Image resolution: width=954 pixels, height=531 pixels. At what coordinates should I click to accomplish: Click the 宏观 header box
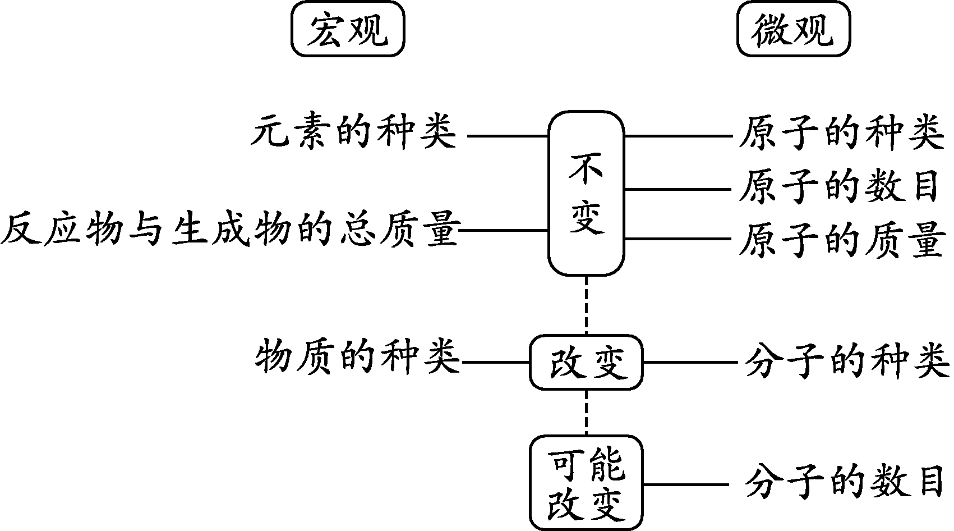point(348,29)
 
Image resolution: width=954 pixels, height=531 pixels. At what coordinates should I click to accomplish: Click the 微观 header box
point(793,29)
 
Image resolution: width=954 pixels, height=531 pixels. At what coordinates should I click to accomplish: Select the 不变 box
point(586,193)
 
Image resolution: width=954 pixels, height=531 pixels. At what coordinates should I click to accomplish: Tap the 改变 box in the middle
point(586,363)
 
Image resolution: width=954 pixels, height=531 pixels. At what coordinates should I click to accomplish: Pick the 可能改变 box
point(586,483)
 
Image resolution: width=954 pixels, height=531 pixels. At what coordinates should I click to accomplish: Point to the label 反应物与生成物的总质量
point(230,231)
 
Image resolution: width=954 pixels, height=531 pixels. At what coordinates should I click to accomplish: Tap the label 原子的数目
point(838,188)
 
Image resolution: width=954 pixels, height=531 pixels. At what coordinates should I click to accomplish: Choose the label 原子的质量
point(838,240)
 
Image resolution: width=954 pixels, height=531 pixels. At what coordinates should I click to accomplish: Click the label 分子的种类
point(847,362)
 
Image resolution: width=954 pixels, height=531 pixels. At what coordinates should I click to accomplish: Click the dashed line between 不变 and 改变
point(586,306)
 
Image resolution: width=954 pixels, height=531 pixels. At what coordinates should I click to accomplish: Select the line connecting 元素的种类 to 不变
point(507,136)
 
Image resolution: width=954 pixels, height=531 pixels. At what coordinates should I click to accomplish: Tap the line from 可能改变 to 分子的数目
point(685,484)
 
